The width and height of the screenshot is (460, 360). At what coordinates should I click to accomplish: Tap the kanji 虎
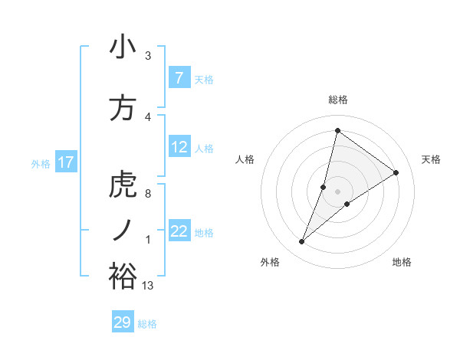pos(123,185)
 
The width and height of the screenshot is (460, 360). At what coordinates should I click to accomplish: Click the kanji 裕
pos(123,275)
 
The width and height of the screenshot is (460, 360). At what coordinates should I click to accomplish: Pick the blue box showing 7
pos(179,78)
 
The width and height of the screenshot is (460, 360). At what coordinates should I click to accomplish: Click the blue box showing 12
pos(179,148)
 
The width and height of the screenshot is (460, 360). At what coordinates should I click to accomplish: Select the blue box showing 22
pos(179,232)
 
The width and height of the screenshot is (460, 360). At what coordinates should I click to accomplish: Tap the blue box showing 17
pos(65,162)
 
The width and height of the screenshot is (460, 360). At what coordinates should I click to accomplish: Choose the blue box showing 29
pos(122,322)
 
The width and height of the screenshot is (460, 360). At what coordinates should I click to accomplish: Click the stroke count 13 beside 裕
pos(148,286)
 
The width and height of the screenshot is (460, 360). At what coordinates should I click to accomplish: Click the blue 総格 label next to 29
pos(147,324)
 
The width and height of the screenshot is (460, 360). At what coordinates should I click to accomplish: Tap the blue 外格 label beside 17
pos(40,163)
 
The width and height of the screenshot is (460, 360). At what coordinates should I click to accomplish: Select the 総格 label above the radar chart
pos(337,100)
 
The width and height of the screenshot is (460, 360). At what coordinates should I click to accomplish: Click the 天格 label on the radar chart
pos(432,159)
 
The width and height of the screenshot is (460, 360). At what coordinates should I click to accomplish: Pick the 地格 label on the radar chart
pos(402,262)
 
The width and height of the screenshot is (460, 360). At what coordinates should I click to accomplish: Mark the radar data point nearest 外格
pos(301,242)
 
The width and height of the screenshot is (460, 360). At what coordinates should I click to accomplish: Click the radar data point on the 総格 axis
pos(337,130)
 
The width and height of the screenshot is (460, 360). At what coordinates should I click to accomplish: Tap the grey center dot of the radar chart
pos(337,191)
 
